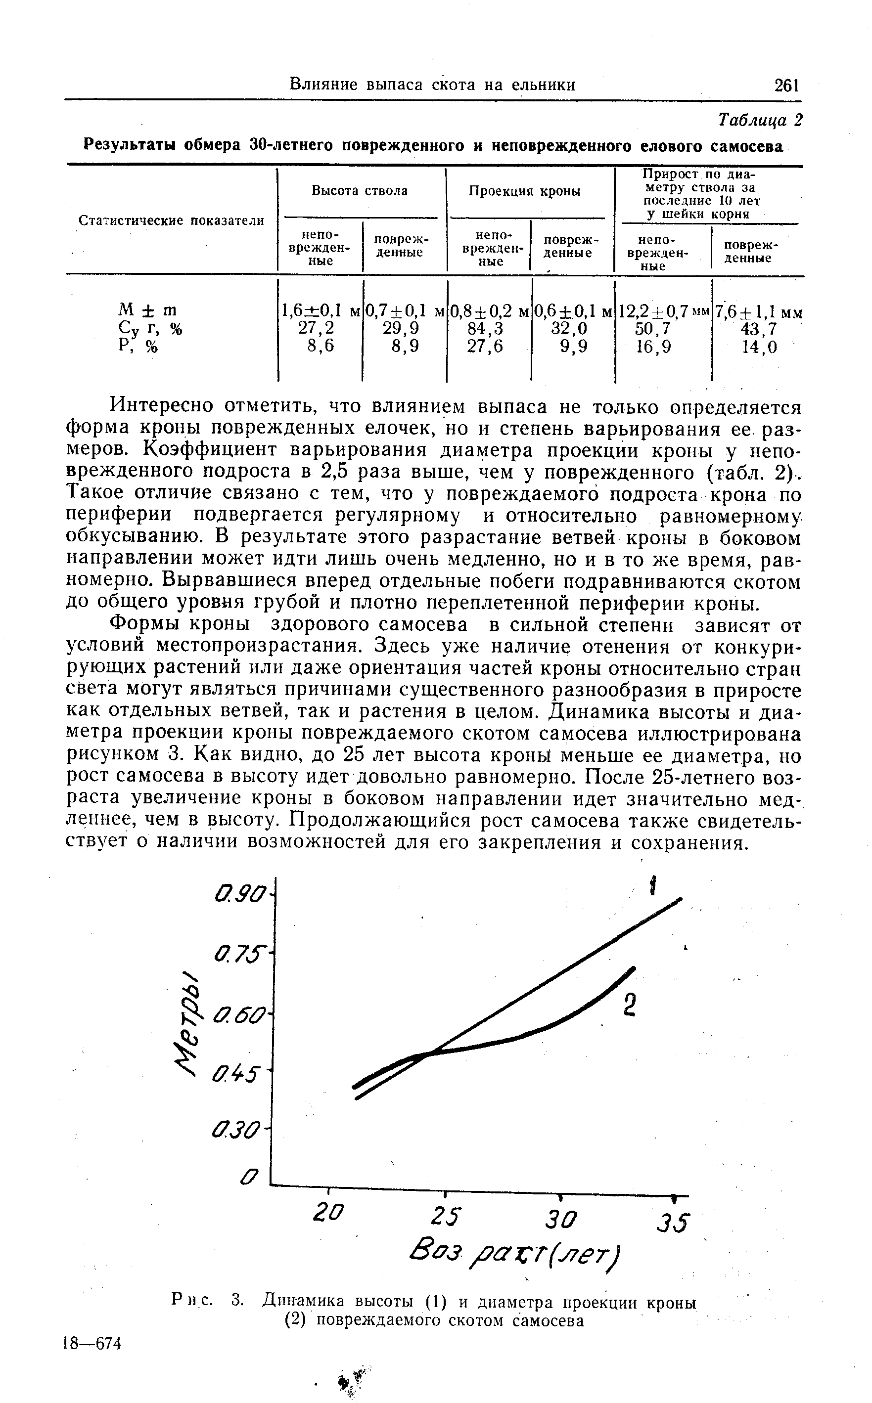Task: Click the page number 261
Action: click(x=785, y=86)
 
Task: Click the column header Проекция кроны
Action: click(x=524, y=191)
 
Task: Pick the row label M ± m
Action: click(x=147, y=310)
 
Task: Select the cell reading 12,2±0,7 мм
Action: click(x=663, y=312)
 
